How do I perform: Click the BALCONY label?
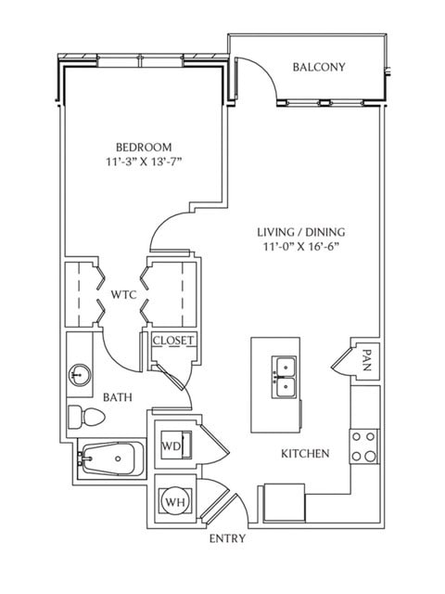pyautogui.click(x=319, y=67)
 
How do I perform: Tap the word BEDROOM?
pyautogui.click(x=144, y=148)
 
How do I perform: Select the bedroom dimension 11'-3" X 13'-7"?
pyautogui.click(x=144, y=163)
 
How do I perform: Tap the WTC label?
pyautogui.click(x=124, y=294)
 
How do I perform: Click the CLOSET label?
pyautogui.click(x=173, y=341)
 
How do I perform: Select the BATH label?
pyautogui.click(x=117, y=397)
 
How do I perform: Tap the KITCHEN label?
pyautogui.click(x=305, y=454)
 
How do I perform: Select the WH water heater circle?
pyautogui.click(x=173, y=502)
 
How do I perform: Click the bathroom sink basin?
pyautogui.click(x=80, y=375)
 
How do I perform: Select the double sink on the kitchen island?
pyautogui.click(x=284, y=377)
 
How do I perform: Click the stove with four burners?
pyautogui.click(x=363, y=446)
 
